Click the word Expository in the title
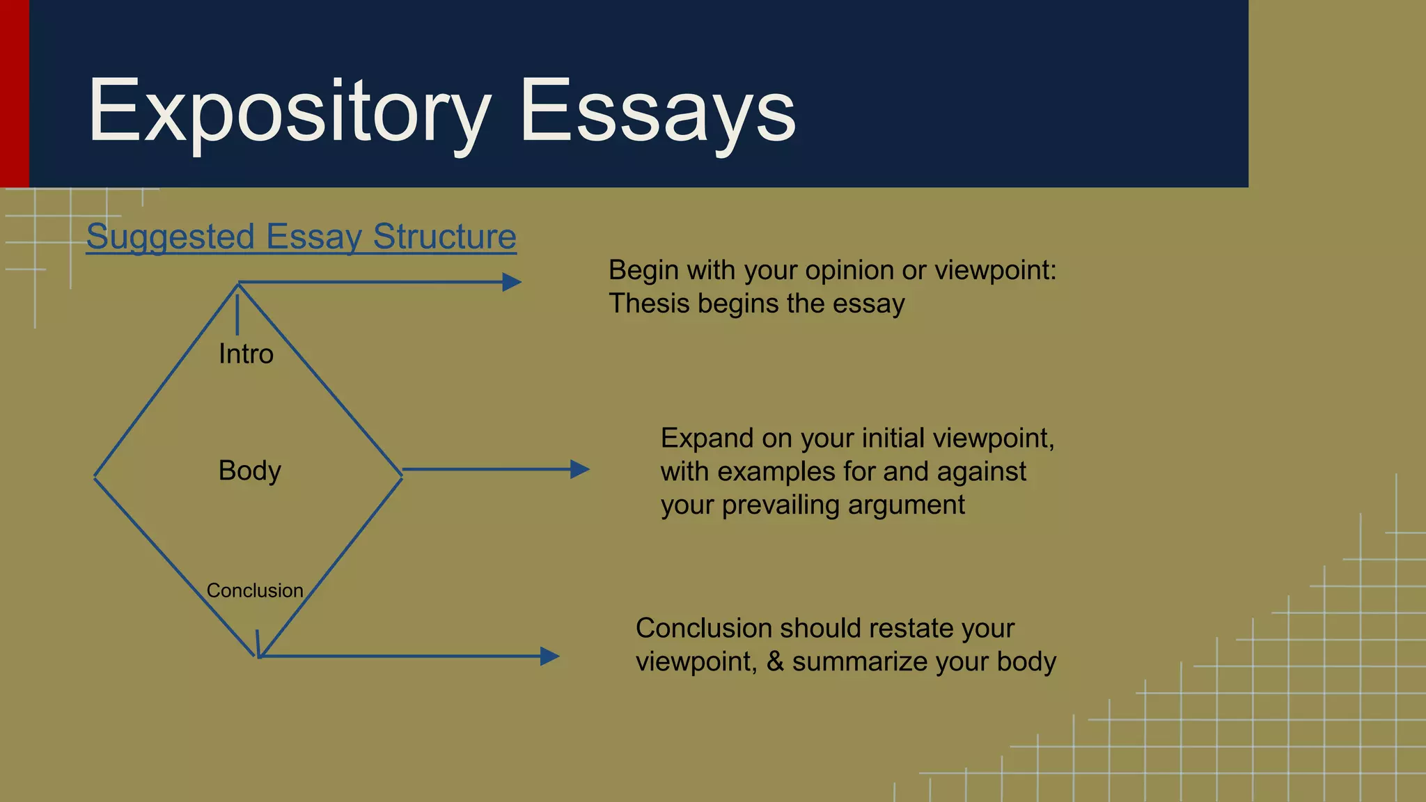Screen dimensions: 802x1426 (x=289, y=111)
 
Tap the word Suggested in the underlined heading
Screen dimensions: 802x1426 (x=171, y=237)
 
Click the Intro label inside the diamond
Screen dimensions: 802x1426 (x=246, y=354)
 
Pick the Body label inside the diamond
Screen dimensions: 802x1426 (x=249, y=471)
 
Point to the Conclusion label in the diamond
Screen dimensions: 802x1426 (x=255, y=590)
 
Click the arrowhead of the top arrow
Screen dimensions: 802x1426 (x=512, y=282)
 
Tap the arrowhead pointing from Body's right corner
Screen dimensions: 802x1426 (x=580, y=469)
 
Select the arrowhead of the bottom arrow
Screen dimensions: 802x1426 (x=550, y=656)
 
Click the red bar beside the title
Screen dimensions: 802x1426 (x=14, y=93)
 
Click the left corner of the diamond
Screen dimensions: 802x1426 (x=95, y=476)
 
